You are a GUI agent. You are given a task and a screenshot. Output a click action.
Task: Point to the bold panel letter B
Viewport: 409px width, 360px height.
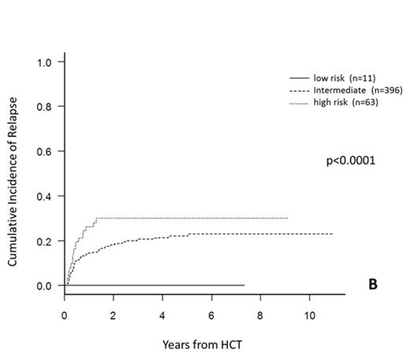pos(374,285)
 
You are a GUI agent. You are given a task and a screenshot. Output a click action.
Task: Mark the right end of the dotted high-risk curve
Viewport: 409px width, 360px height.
pos(288,218)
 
